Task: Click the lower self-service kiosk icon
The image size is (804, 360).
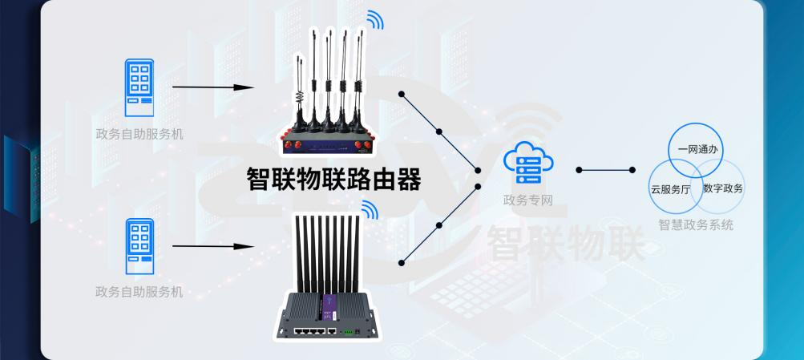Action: click(x=139, y=245)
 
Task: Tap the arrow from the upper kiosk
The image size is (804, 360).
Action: click(x=213, y=87)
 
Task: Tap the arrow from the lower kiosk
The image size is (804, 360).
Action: click(x=213, y=245)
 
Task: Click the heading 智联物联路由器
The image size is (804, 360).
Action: click(x=333, y=179)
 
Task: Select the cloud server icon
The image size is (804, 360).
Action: click(x=527, y=164)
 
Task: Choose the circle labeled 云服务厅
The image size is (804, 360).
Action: click(x=672, y=189)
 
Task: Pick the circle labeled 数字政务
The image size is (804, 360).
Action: click(x=722, y=189)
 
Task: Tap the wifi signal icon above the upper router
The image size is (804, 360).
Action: click(x=375, y=19)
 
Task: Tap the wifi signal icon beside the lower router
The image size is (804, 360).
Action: click(x=368, y=210)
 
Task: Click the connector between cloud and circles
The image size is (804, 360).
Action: click(x=605, y=170)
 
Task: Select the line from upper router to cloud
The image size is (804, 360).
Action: click(x=439, y=131)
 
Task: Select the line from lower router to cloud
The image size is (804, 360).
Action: click(x=439, y=225)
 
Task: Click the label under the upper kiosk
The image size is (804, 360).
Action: click(x=139, y=133)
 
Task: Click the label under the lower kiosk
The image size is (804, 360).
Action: click(x=139, y=292)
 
